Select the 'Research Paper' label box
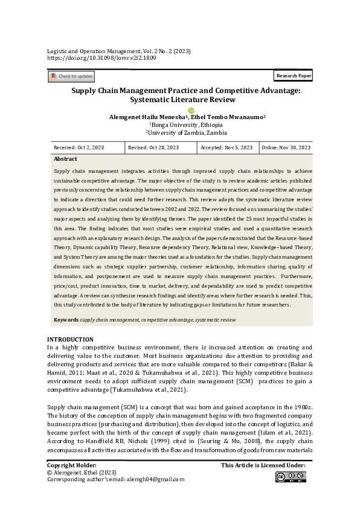click(x=293, y=76)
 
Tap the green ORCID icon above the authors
click(x=191, y=110)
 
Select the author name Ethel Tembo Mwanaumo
click(x=230, y=117)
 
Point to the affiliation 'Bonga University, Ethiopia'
click(x=180, y=125)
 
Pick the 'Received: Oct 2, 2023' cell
click(x=79, y=148)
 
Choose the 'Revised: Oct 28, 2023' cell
click(x=153, y=148)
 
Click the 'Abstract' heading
click(x=65, y=159)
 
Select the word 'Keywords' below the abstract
click(x=66, y=319)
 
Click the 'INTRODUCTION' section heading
click(x=70, y=339)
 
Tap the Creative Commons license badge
click(x=291, y=477)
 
